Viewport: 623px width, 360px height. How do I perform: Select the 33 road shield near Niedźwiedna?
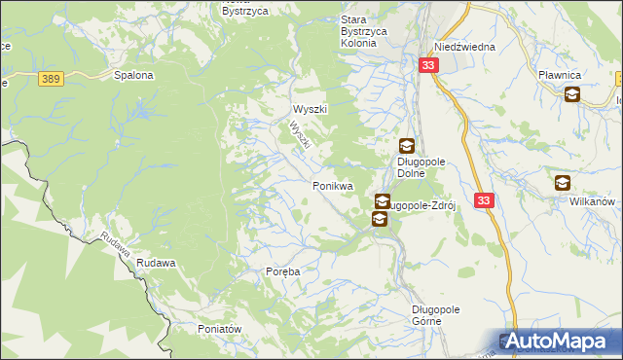(429, 65)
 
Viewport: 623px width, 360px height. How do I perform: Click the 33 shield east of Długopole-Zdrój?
(485, 199)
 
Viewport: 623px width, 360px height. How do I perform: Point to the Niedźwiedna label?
(465, 47)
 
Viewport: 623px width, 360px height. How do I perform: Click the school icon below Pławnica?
(572, 94)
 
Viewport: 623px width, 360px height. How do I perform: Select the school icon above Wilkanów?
(563, 182)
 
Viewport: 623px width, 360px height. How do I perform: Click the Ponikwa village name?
(332, 185)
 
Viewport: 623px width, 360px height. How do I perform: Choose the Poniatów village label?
(219, 329)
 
